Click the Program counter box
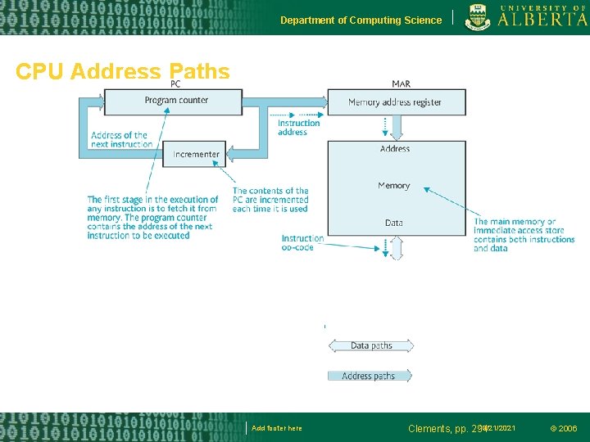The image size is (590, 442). [x=175, y=101]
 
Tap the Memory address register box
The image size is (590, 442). [x=395, y=102]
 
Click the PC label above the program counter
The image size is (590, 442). [x=175, y=83]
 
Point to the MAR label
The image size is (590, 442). [x=402, y=83]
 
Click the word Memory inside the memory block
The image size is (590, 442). [x=394, y=186]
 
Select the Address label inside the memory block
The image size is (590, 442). [x=395, y=149]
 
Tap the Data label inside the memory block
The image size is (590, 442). [x=394, y=223]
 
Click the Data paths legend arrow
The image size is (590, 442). [x=370, y=345]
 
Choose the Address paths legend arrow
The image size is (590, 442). [x=369, y=376]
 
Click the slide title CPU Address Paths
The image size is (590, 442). [x=123, y=72]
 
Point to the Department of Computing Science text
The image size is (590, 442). [x=361, y=20]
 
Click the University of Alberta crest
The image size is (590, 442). [x=479, y=17]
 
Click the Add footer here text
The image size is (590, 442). [x=277, y=428]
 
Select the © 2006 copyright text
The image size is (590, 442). [x=563, y=428]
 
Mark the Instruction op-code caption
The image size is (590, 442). [x=302, y=243]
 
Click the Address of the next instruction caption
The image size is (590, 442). [x=121, y=140]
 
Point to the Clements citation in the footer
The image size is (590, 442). [x=447, y=428]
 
